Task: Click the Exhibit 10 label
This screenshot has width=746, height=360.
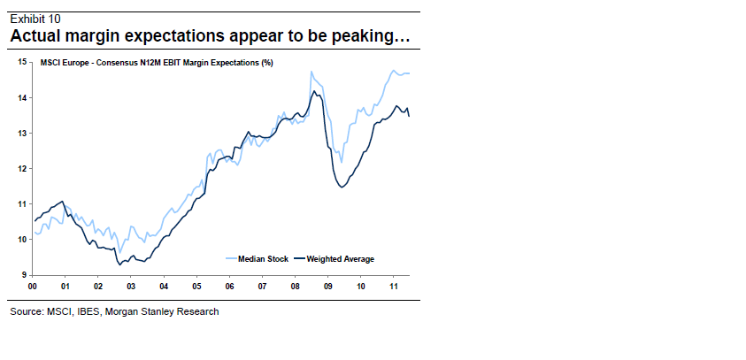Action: click(35, 19)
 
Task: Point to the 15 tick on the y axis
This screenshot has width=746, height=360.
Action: click(22, 62)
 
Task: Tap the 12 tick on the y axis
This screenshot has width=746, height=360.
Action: click(22, 168)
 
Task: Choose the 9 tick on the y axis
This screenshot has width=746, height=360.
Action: click(24, 275)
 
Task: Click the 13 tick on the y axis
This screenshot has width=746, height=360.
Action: click(22, 133)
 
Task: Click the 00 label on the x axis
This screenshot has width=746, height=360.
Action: click(33, 287)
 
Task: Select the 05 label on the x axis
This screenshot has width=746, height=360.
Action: click(196, 287)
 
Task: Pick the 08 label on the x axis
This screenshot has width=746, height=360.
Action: click(295, 287)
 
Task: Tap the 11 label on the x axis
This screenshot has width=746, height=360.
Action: click(393, 287)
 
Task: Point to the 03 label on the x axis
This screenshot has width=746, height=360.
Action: click(131, 287)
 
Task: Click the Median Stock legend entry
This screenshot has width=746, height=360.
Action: click(258, 259)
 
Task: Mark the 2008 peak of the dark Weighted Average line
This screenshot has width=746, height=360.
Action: click(312, 91)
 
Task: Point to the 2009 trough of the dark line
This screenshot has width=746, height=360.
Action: click(342, 187)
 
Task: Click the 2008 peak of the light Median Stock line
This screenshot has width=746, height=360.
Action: click(311, 72)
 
